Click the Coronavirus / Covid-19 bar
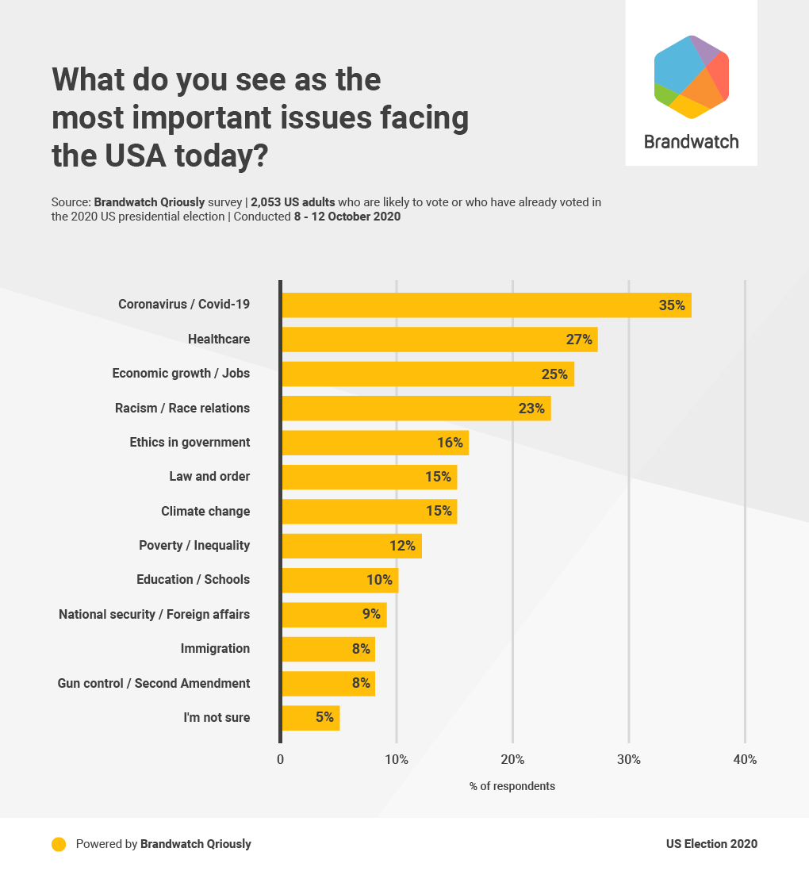[485, 305]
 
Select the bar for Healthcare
[439, 340]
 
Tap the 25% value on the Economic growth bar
[554, 374]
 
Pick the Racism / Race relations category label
[182, 409]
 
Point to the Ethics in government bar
[375, 443]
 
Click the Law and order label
[209, 477]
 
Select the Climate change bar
[369, 512]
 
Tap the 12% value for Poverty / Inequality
[402, 546]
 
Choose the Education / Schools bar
[339, 580]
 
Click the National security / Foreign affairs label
[154, 614]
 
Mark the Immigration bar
[328, 649]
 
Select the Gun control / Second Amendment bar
[328, 683]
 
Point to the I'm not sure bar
[310, 718]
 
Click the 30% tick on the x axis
[629, 760]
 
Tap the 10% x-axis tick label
[397, 760]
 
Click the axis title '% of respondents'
[512, 787]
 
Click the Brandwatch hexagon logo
[691, 77]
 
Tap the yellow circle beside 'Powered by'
[59, 844]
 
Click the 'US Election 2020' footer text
[711, 844]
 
